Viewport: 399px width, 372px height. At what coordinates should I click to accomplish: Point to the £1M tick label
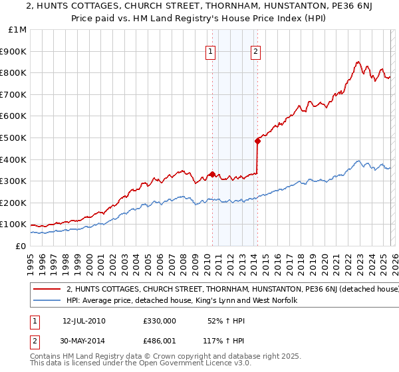(17, 29)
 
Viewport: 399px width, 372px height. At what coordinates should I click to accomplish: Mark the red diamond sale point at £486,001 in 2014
(257, 140)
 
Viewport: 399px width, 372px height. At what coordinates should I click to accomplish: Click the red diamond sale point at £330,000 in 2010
(212, 174)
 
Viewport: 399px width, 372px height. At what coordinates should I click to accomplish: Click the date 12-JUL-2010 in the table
(84, 320)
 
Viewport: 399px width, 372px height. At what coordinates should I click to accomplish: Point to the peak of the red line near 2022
(358, 62)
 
